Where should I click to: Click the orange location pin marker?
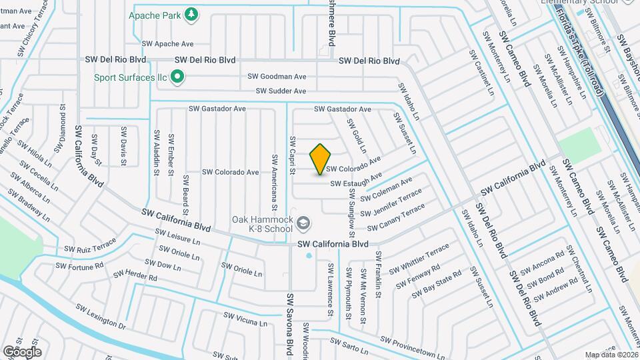pos(321,159)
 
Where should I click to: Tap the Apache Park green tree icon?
pos(191,14)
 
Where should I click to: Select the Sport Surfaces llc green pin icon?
pos(177,78)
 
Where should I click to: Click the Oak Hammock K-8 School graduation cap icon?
pos(303,223)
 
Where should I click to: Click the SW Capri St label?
pos(292,156)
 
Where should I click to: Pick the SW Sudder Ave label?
pos(281,91)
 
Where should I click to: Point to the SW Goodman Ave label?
pos(277,77)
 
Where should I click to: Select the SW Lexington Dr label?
pos(101,317)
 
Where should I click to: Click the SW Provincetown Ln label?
pos(413,347)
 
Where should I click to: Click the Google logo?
pos(23,351)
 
